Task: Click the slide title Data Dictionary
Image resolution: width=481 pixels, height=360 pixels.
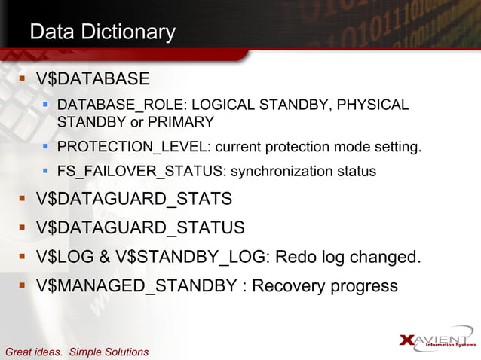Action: [x=102, y=32]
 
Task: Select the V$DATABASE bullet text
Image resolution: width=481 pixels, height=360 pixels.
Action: [x=93, y=79]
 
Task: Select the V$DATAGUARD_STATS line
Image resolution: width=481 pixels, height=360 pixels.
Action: [x=133, y=200]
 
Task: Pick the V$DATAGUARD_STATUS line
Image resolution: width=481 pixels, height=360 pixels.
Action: [x=140, y=228]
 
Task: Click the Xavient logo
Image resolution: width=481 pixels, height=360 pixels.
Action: [x=437, y=341]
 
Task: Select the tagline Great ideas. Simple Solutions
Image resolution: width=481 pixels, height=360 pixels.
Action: [x=77, y=352]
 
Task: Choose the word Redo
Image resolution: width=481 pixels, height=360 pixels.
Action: [x=295, y=257]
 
